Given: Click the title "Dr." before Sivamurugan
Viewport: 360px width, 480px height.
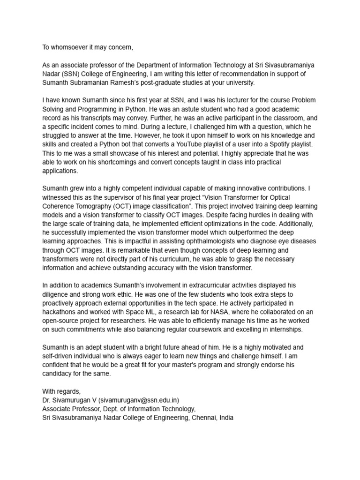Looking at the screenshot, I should click(47, 400).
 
